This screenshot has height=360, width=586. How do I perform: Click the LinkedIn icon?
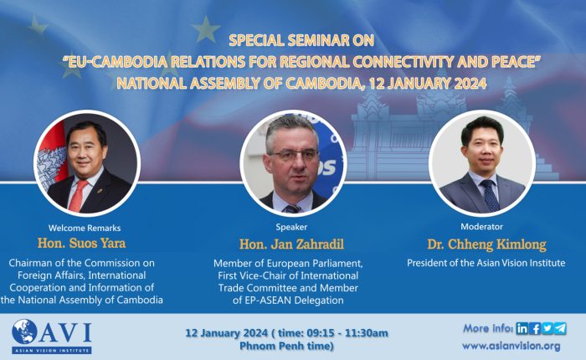pos(522,328)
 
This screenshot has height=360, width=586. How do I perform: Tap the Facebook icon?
pos(535,328)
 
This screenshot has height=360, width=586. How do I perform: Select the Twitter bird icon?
pos(547,328)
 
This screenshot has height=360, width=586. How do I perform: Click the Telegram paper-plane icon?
pos(560,328)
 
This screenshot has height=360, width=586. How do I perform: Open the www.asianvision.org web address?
pos(511,346)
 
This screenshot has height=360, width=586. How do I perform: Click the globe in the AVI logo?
pos(24,332)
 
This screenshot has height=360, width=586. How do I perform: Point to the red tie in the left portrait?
pos(77,196)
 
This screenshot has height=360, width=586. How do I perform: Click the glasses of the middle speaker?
pos(293,155)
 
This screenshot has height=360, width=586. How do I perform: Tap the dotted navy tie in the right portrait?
pos(490,195)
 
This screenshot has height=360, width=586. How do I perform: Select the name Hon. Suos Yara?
pos(81,244)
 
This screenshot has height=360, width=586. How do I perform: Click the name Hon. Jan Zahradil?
pos(291,244)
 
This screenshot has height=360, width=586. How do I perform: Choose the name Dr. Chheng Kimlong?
pos(486,244)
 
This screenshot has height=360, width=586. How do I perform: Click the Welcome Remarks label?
pos(85,228)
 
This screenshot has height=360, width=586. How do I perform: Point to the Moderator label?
pos(481,227)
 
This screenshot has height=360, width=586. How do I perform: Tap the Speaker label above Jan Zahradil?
pos(291,227)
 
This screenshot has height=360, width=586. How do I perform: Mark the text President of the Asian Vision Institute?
pos(486,263)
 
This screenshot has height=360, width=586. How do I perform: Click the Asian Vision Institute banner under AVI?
pos(52,350)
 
